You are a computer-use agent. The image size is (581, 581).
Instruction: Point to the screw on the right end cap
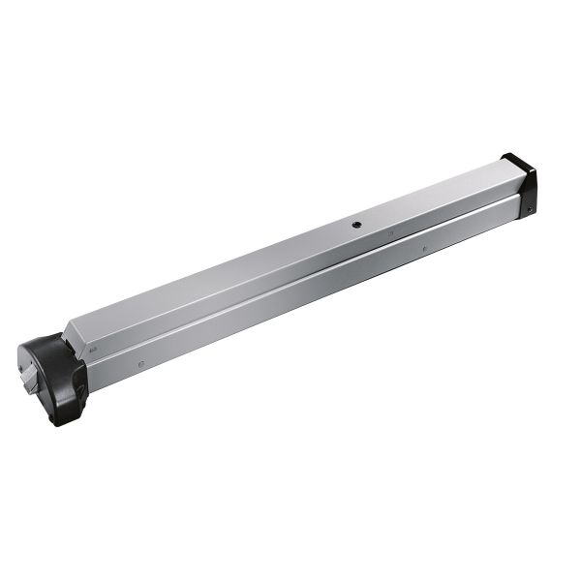(x=529, y=202)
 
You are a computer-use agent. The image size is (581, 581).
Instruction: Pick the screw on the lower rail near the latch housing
(x=141, y=364)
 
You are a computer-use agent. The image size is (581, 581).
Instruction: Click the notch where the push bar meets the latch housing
(x=67, y=338)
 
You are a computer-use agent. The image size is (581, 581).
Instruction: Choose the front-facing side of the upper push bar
(x=290, y=266)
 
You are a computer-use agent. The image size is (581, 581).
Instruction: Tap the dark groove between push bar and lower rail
(x=290, y=282)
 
